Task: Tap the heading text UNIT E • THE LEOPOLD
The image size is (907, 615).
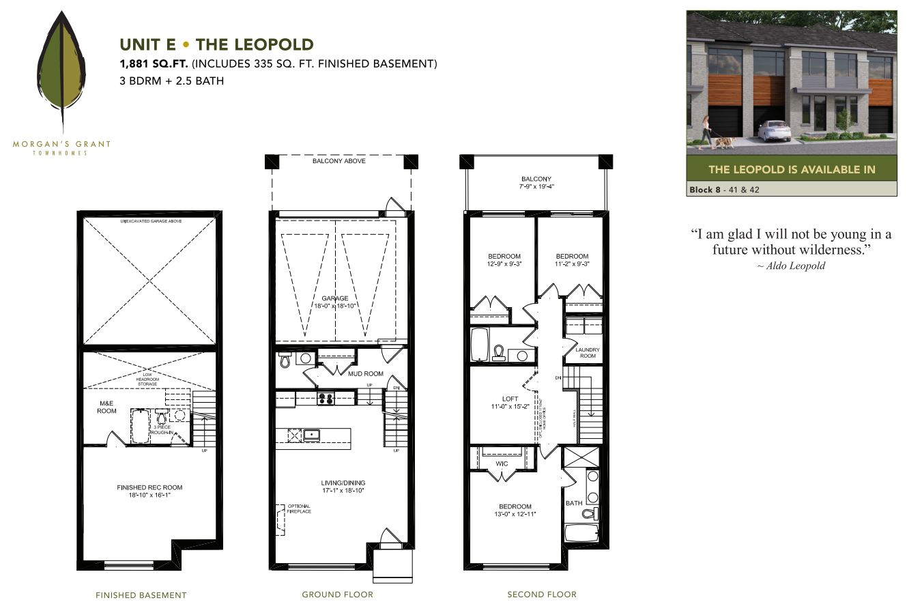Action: tap(216, 45)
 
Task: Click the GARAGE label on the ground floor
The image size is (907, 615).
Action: tap(335, 298)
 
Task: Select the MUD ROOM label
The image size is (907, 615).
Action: tap(366, 373)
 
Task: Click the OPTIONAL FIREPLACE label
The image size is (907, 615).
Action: tap(299, 509)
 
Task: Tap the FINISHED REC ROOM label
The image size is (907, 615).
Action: tap(149, 487)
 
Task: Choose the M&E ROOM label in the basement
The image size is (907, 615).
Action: tap(106, 407)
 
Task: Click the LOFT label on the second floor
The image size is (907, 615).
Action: tap(510, 399)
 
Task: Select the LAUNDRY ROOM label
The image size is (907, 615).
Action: tap(587, 353)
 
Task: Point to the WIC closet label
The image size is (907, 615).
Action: tap(502, 464)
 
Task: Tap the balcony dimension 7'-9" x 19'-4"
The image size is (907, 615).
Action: tap(536, 186)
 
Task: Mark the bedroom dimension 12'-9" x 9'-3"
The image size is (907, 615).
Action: tap(504, 264)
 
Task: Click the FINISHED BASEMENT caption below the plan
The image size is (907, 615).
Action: tap(141, 595)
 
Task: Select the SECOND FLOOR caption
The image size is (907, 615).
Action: tap(541, 595)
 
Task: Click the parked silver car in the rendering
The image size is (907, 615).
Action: tap(774, 130)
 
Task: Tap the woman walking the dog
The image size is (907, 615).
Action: tap(705, 132)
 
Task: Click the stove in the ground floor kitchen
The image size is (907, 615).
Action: tap(326, 399)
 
